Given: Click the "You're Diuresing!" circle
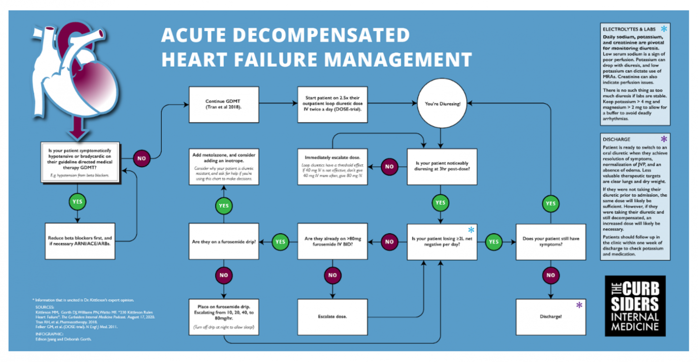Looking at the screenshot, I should click(x=442, y=104).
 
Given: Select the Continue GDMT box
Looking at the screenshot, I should click(x=224, y=105).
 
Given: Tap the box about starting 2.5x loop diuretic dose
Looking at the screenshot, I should click(x=332, y=105).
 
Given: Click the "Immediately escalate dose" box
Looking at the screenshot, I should click(x=332, y=166).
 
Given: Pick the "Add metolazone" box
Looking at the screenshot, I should click(x=224, y=166).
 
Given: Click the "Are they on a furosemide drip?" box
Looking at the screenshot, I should click(x=224, y=241).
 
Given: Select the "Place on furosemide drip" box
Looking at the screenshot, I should click(x=224, y=317).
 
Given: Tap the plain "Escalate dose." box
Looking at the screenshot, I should click(x=332, y=317).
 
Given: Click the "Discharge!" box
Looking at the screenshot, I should click(x=550, y=317).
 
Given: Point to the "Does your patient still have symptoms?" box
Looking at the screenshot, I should click(x=550, y=241).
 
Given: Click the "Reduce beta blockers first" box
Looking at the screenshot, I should click(x=80, y=241).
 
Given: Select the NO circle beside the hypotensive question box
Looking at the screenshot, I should click(x=141, y=158).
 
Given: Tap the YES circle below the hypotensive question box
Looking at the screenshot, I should click(x=77, y=201).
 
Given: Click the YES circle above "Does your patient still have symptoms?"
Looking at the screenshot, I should click(x=550, y=203).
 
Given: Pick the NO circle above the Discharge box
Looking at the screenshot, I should click(x=550, y=275).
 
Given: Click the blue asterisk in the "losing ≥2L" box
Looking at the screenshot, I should click(x=471, y=230).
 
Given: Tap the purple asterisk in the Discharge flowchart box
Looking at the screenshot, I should click(x=579, y=305).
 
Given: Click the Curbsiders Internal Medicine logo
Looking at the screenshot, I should click(x=635, y=306).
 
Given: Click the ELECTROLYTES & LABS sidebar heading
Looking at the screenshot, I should click(x=629, y=29).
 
